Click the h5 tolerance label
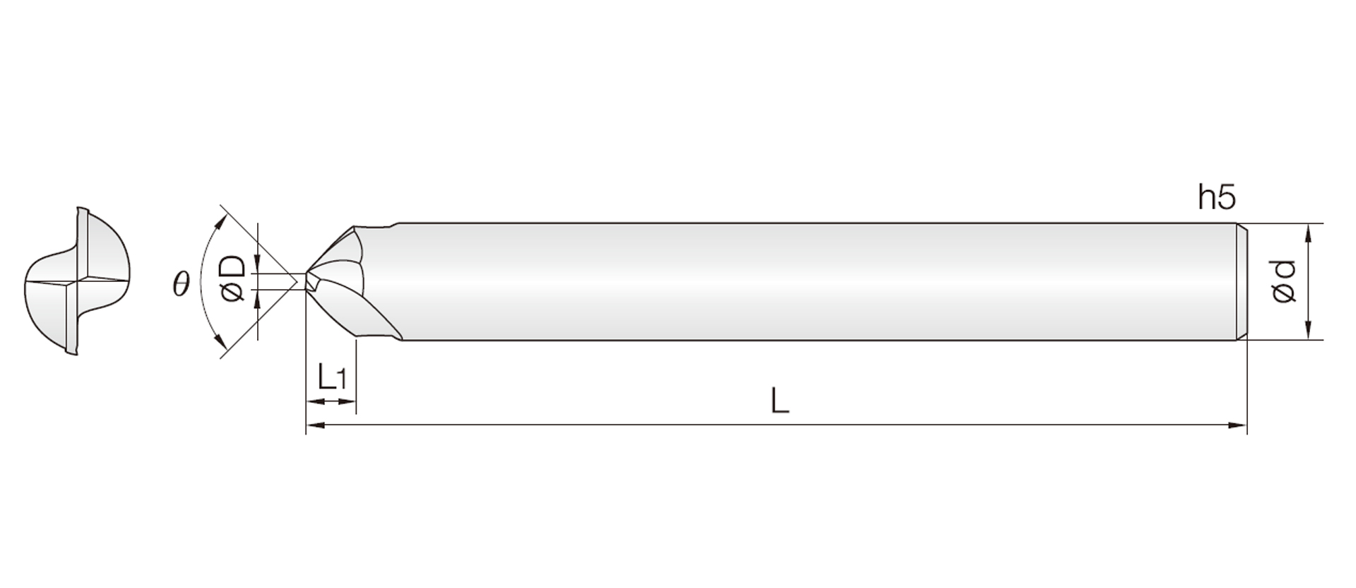pos(1217,199)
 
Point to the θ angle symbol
pos(181,284)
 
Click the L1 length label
pos(331,377)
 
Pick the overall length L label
pos(779,401)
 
